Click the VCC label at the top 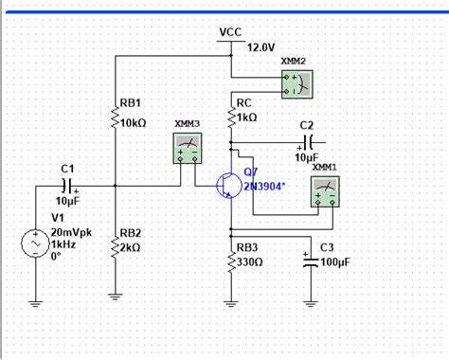[230, 31]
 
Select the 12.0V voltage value [260, 46]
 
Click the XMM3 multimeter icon [188, 148]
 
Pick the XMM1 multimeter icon [326, 193]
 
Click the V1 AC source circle [35, 244]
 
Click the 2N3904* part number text [267, 187]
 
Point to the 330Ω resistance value [250, 262]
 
